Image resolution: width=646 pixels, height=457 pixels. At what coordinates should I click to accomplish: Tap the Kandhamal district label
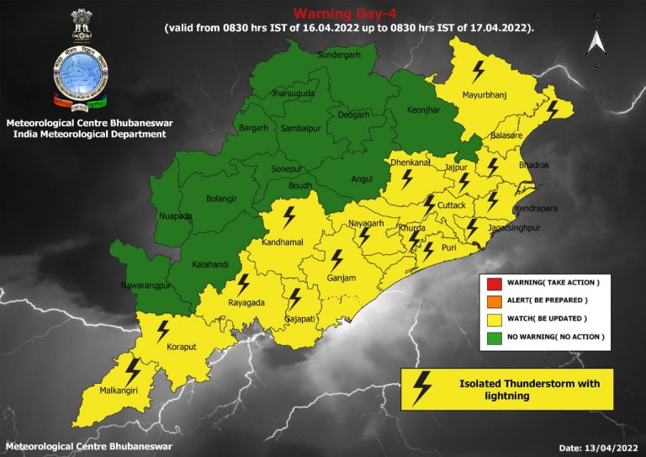coord(288,242)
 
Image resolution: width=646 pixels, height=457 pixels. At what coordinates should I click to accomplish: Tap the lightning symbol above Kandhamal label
coord(289,218)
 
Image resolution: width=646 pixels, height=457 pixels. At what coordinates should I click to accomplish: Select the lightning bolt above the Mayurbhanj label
coord(479,70)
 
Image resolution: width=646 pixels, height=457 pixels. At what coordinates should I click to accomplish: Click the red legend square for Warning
coord(492,281)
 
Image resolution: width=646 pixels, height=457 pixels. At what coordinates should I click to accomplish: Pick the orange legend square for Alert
coord(492,300)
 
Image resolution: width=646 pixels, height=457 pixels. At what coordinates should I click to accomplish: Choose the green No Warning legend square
coord(492,337)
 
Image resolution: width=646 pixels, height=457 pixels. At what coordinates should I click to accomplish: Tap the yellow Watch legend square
coord(492,318)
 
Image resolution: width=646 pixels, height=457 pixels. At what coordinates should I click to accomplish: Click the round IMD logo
coord(82,75)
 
